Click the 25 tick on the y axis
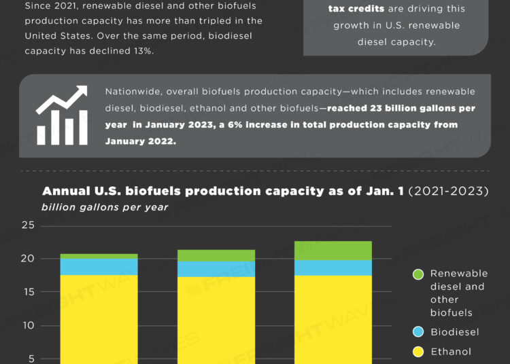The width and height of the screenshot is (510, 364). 28,225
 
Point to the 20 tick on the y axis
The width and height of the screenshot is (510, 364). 28,259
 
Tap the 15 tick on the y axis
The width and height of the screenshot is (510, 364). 28,292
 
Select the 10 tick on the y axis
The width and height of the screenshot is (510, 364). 28,325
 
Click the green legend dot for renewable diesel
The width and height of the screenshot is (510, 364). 418,274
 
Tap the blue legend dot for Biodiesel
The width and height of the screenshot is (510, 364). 418,332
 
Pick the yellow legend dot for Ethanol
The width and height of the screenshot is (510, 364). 418,352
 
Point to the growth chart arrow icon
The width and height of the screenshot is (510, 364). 62,115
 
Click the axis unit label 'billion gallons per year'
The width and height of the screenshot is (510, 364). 105,207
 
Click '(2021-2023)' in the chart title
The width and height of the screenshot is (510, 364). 448,191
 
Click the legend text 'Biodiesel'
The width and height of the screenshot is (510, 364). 454,332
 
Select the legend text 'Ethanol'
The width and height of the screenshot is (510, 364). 450,352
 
